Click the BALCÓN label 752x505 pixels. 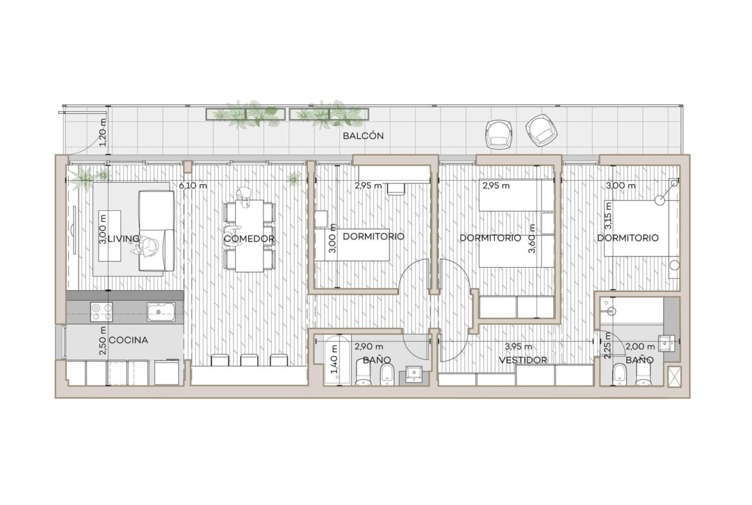point(363,136)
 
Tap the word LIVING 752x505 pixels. point(123,239)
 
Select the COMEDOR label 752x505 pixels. point(249,239)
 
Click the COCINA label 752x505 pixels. point(129,340)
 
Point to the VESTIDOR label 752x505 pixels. point(523,360)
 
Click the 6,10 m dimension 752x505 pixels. point(193,185)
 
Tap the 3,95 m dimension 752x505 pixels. point(518,346)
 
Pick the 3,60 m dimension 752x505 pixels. point(532,239)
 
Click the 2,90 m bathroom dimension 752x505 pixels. point(368,346)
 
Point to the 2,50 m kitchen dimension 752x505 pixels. point(102,341)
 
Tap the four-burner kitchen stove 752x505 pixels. point(101,311)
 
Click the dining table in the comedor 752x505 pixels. point(249,235)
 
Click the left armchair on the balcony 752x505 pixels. point(499,133)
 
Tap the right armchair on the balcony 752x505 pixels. point(542,129)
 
